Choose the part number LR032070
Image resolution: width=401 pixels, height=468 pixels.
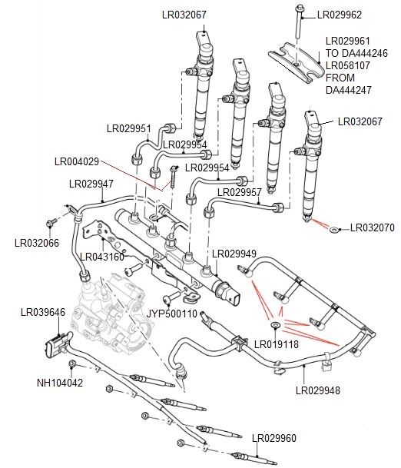pos(373,228)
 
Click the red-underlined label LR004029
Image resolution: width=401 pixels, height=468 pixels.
pos(77,161)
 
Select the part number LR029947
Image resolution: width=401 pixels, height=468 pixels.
pos(91,184)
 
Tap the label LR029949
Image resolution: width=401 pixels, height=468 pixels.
pos(234,253)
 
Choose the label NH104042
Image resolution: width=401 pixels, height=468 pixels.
pos(60,383)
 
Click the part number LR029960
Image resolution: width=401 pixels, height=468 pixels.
pos(274,438)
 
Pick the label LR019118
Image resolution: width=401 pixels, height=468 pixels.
pos(276,344)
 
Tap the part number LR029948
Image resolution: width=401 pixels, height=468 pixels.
pos(317,389)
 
